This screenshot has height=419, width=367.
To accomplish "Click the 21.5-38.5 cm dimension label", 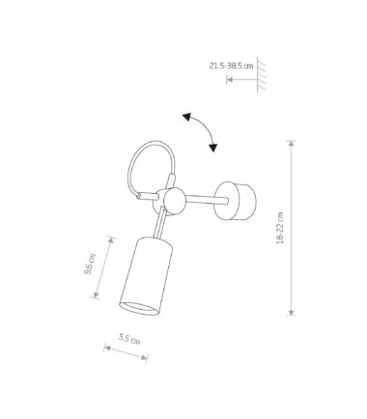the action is (x=231, y=66).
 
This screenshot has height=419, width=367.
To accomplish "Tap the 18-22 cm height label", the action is (x=280, y=228).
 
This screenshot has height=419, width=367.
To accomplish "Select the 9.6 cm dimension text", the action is (x=90, y=264).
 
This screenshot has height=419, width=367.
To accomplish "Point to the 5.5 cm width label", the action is (x=129, y=339).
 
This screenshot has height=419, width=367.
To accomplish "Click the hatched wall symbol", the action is (x=261, y=74).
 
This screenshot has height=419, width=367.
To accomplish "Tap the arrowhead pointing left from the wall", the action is (x=230, y=79).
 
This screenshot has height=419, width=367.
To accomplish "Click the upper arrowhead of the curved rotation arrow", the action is (x=187, y=117).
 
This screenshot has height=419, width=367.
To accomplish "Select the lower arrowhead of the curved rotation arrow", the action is (x=212, y=148).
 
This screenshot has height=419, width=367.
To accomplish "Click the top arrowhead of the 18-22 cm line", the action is (x=292, y=144).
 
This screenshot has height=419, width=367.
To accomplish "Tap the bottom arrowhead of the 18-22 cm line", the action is (x=292, y=312).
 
